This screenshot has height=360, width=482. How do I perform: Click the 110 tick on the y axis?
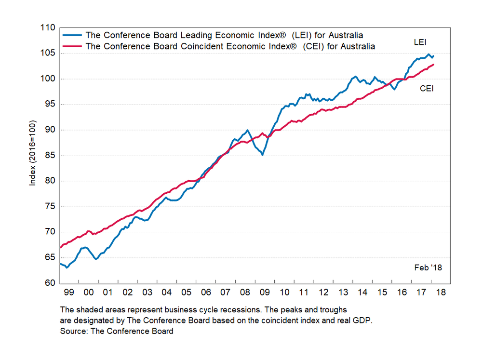tap(48, 28)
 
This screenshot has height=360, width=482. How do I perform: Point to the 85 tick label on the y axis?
tap(50, 156)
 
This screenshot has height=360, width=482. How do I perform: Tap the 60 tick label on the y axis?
tap(50, 283)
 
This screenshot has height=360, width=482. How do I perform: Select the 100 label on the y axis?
tap(48, 79)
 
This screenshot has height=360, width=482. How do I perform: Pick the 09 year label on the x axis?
tap(264, 293)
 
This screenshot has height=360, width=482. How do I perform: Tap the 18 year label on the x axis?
tap(440, 293)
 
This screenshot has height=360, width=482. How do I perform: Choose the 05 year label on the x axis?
tap(186, 293)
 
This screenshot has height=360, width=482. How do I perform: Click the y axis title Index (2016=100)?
tap(33, 156)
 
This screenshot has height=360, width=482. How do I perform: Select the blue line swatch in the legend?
tap(72, 36)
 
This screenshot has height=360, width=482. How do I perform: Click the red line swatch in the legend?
tap(72, 47)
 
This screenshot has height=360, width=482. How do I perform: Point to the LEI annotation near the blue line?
tap(420, 43)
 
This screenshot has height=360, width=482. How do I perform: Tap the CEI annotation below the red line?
tap(427, 88)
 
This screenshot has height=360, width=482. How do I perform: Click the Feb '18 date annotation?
tap(428, 267)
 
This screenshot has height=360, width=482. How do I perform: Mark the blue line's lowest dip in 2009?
tap(262, 155)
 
